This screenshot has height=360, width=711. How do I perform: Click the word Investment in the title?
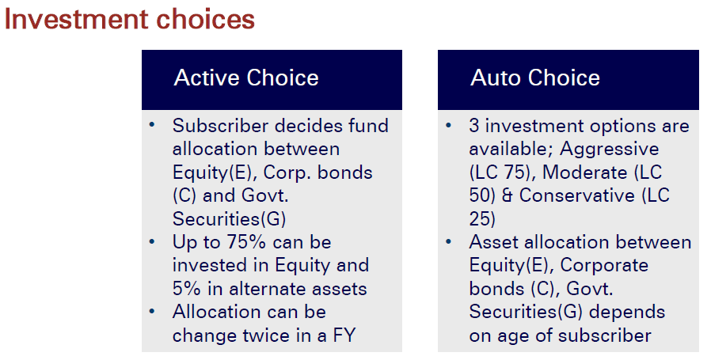[x=76, y=20]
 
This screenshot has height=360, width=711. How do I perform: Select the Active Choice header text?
[x=246, y=78]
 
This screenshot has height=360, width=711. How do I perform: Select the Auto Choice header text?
[x=535, y=78]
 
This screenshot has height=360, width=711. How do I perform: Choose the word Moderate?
[x=585, y=172]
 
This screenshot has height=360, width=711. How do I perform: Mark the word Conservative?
[x=576, y=196]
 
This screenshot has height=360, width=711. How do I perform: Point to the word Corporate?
[x=604, y=266]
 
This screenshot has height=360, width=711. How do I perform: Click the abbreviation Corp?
[x=286, y=173]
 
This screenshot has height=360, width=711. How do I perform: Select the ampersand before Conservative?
[x=507, y=196]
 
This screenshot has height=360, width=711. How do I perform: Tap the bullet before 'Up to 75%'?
[x=152, y=241]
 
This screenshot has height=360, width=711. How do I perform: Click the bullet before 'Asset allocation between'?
[x=449, y=241]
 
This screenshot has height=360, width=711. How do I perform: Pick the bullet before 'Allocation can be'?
[x=152, y=312]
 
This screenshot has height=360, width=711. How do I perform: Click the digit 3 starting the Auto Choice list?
[x=474, y=126]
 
